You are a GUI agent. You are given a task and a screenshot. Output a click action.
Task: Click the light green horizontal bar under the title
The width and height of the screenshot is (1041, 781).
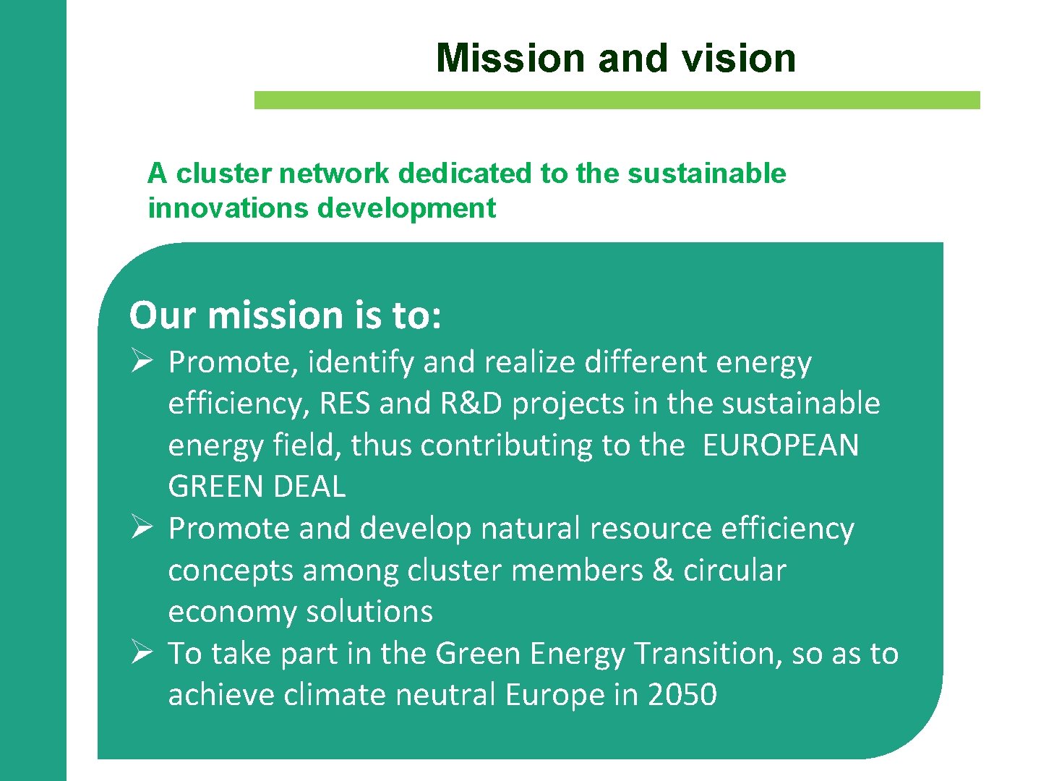tap(617, 100)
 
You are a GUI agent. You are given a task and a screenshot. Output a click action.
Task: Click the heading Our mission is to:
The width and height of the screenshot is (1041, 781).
tap(285, 315)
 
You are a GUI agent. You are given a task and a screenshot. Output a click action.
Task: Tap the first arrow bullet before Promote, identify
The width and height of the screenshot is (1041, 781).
tap(141, 360)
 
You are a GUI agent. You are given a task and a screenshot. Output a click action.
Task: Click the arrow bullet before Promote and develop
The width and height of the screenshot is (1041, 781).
tap(141, 527)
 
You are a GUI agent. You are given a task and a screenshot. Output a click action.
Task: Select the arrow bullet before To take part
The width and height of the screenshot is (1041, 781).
tap(141, 652)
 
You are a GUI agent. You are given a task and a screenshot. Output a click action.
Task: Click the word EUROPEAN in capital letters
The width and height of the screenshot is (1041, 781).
tap(780, 445)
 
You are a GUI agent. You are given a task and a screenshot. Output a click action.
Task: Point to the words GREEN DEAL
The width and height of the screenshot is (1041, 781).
tap(257, 487)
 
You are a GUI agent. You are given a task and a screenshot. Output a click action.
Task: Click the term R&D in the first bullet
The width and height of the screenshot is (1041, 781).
tap(471, 404)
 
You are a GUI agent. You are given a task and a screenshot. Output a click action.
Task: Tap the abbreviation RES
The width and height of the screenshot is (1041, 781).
tap(344, 404)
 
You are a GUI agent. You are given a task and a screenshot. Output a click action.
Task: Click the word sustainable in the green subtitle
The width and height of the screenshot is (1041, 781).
tap(706, 174)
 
